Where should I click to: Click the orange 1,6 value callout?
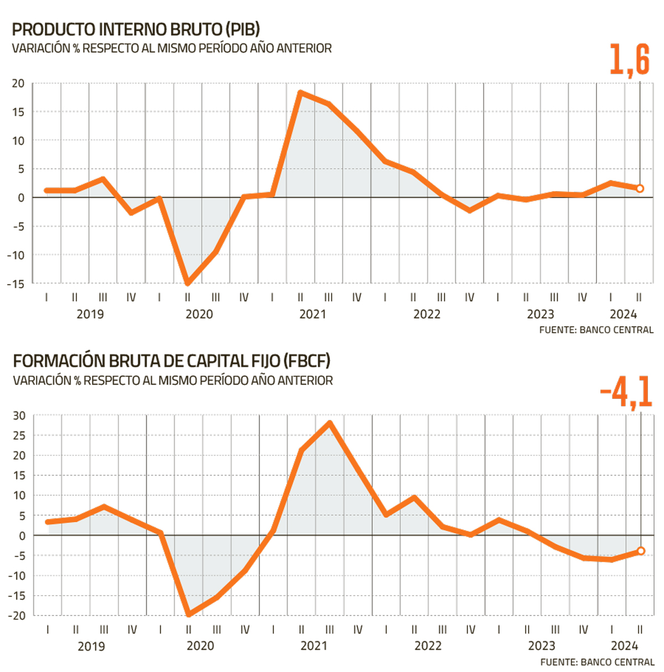tap(629, 59)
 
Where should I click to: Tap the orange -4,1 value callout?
tap(626, 392)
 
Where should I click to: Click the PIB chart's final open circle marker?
tap(640, 188)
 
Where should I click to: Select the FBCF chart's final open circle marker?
tap(641, 551)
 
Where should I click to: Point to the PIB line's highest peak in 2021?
tap(300, 93)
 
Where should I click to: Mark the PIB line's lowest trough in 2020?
tap(188, 283)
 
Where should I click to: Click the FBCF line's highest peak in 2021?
tap(330, 423)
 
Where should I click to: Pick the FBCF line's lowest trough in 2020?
tap(189, 614)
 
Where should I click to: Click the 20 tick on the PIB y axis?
tap(18, 84)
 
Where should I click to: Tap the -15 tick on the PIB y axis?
tap(16, 284)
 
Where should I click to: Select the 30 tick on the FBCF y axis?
tap(19, 415)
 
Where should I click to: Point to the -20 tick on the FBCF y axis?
tap(17, 615)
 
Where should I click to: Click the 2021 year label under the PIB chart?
tap(313, 315)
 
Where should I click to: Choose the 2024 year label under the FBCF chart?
tap(624, 646)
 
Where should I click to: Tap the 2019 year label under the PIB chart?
tap(90, 315)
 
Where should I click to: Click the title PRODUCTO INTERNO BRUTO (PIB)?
tap(136, 29)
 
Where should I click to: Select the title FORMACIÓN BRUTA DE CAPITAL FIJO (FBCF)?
tap(172, 361)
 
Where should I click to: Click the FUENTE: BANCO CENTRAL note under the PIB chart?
tap(596, 330)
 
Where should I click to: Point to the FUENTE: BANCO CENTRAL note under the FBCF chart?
tap(597, 662)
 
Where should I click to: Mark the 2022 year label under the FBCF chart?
tap(428, 646)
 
